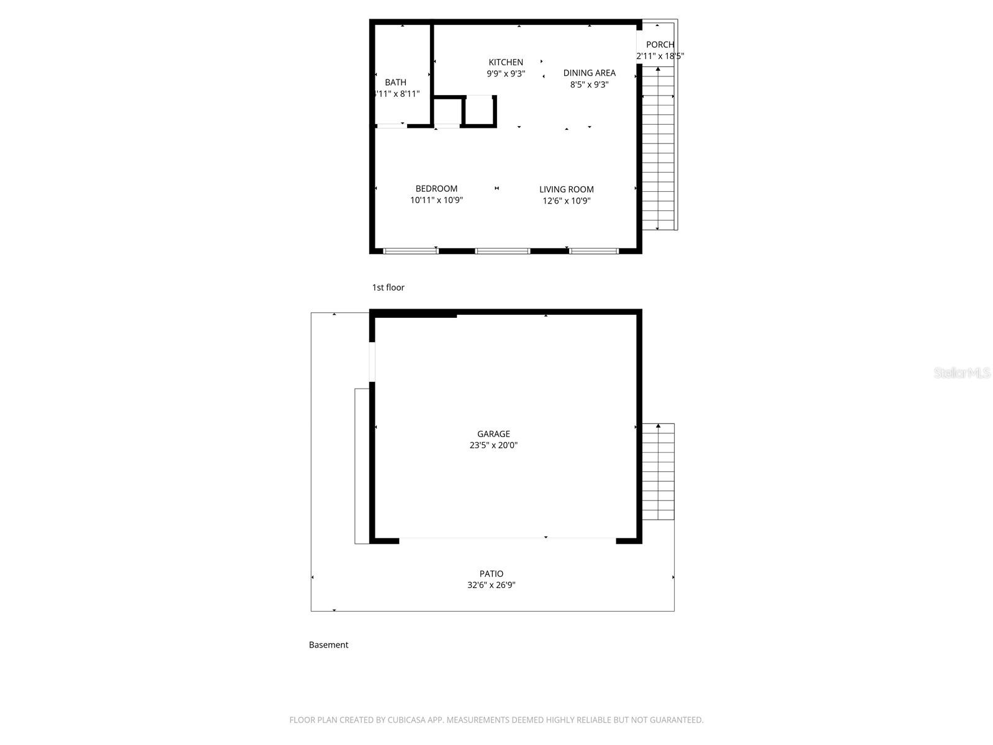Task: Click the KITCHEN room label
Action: (x=506, y=62)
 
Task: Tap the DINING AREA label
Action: (x=589, y=73)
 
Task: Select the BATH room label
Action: (x=395, y=83)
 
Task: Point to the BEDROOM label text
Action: (x=436, y=189)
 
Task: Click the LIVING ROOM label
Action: (x=566, y=189)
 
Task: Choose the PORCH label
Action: (x=660, y=45)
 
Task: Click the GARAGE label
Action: (x=493, y=434)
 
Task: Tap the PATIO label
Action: (x=491, y=574)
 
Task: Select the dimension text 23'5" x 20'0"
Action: (x=493, y=445)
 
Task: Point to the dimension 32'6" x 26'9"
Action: (x=491, y=585)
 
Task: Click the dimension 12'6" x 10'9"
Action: (x=566, y=201)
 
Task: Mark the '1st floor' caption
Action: (x=388, y=287)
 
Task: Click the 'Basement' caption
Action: (x=328, y=645)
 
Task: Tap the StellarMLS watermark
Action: (x=962, y=372)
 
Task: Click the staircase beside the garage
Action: (x=658, y=472)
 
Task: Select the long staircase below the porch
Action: (x=658, y=149)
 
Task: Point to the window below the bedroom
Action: (x=410, y=251)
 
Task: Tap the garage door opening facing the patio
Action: (x=507, y=538)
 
